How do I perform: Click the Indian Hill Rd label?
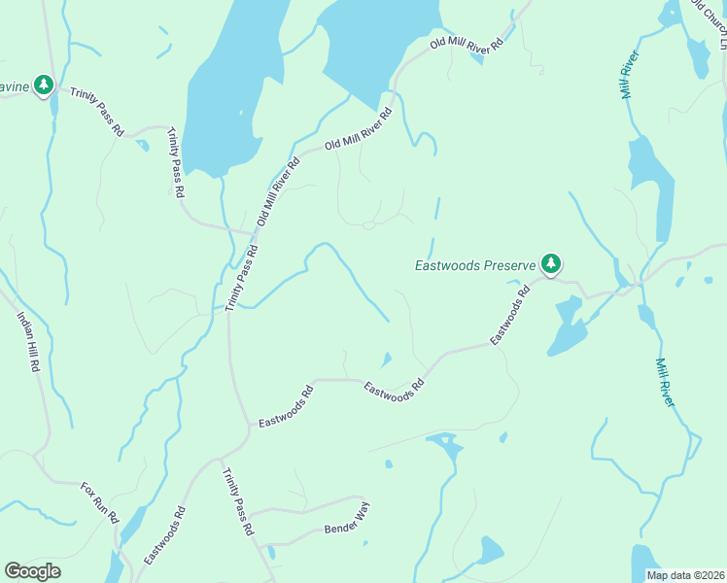(x=27, y=342)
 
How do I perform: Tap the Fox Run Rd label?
(x=99, y=502)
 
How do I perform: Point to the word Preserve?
(x=512, y=264)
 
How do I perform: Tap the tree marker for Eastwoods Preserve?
(x=551, y=263)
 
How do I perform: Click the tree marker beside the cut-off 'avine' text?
(x=44, y=86)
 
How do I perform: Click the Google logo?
(x=32, y=571)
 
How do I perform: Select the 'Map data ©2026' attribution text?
(x=685, y=575)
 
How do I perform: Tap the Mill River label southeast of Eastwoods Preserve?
(x=665, y=382)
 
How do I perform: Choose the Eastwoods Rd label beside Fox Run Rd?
(x=164, y=535)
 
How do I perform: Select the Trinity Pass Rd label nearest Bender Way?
(x=238, y=503)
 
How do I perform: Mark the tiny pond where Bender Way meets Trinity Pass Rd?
(x=271, y=553)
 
